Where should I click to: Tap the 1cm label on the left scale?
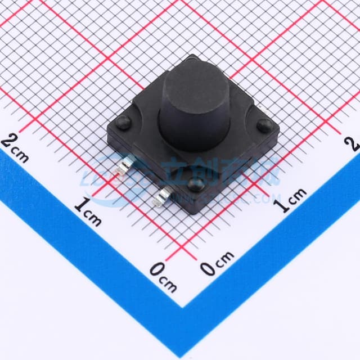(88, 212)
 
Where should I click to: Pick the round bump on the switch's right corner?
(263, 126)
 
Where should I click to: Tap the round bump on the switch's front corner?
(195, 183)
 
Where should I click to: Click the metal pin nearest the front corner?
(164, 196)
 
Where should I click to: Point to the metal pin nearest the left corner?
(123, 167)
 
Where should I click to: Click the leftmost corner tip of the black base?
(107, 130)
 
